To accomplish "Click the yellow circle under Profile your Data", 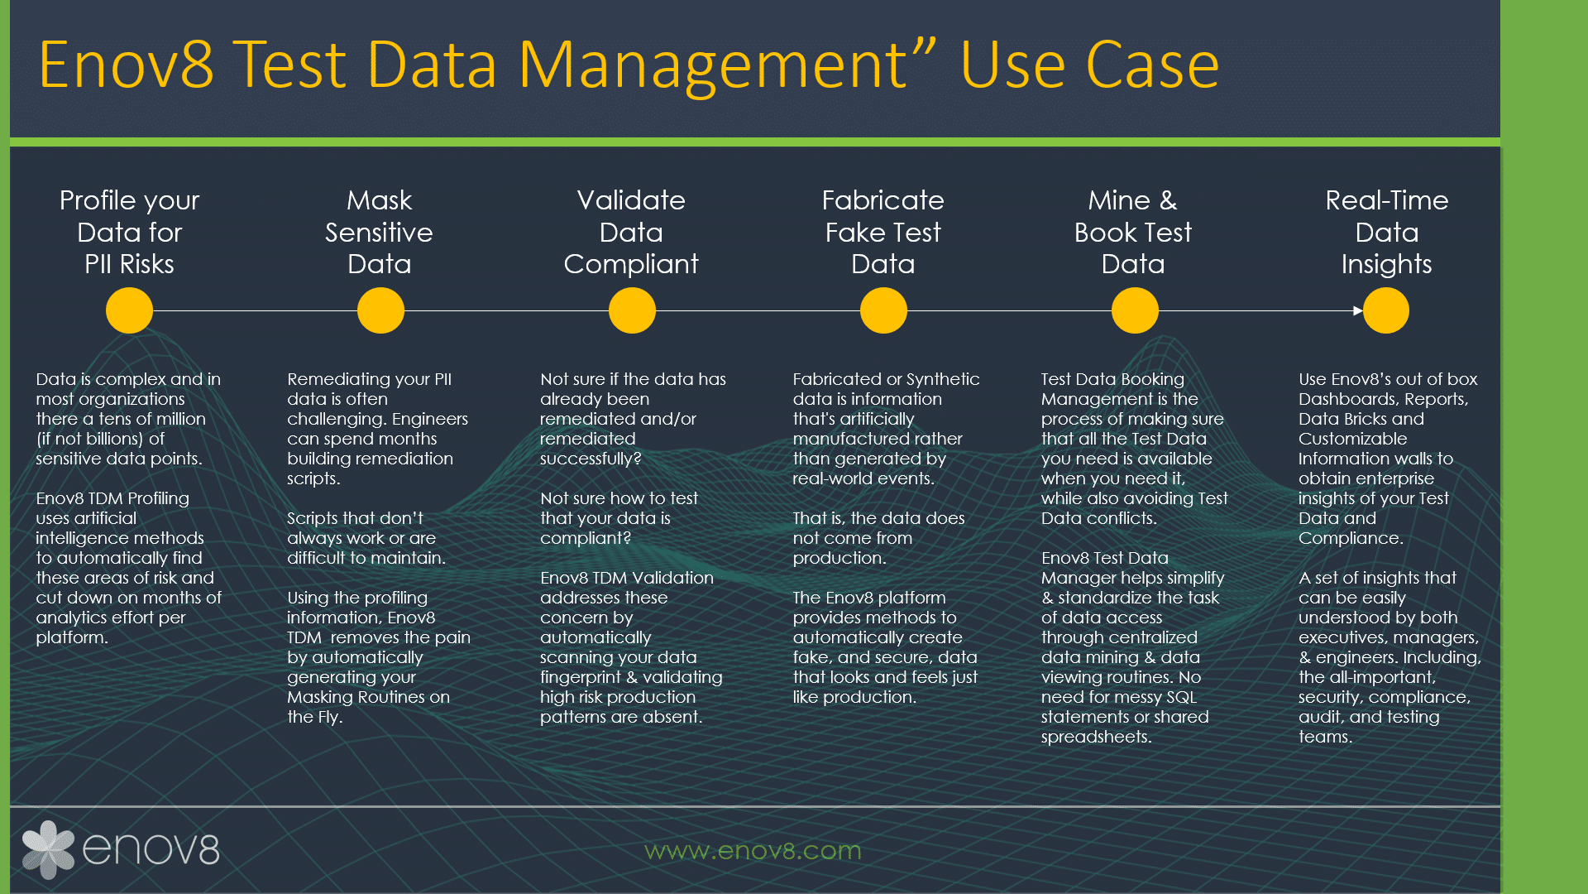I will point(129,310).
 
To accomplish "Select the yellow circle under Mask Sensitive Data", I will point(380,310).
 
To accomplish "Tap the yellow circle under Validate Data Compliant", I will point(632,310).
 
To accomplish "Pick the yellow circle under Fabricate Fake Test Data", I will point(883,310).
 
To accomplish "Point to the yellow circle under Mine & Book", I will point(1135,310).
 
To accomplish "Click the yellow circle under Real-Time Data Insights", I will point(1386,310).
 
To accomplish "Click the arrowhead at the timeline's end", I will point(1358,310).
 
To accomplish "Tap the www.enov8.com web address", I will point(753,850).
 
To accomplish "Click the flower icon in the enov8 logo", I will point(48,849).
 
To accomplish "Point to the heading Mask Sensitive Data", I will point(379,232).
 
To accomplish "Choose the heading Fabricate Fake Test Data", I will point(882,232).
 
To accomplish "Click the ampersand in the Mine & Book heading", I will point(1168,200).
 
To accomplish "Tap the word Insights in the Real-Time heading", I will point(1386,264).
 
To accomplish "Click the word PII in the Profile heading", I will point(98,264).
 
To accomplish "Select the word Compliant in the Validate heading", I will point(631,264).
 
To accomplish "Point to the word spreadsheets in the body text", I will point(1095,737).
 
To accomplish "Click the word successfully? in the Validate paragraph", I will point(591,459).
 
